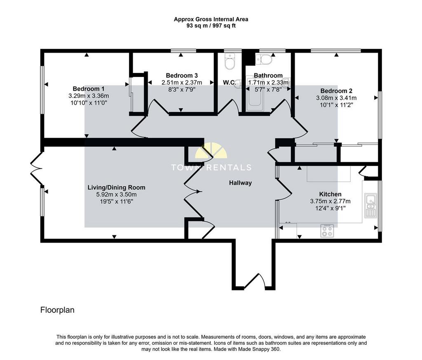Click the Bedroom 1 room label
pyautogui.click(x=89, y=89)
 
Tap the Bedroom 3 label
pyautogui.click(x=182, y=76)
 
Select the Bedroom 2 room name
pyautogui.click(x=336, y=91)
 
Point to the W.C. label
pyautogui.click(x=229, y=82)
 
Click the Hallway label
pyautogui.click(x=240, y=183)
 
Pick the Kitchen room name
pyautogui.click(x=330, y=194)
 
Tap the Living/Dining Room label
pyautogui.click(x=116, y=187)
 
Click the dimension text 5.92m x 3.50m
pyautogui.click(x=116, y=194)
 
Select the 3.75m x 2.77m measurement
pyautogui.click(x=330, y=201)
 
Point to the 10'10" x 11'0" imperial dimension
pyautogui.click(x=89, y=103)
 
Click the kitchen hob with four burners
pyautogui.click(x=327, y=231)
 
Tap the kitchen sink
pyautogui.click(x=370, y=205)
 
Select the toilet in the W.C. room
pyautogui.click(x=230, y=61)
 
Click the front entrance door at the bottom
pyautogui.click(x=255, y=282)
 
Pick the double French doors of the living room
pyautogui.click(x=36, y=169)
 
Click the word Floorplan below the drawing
pyautogui.click(x=57, y=310)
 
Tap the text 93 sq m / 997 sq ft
pyautogui.click(x=211, y=26)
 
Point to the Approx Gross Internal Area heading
pyautogui.click(x=211, y=19)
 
